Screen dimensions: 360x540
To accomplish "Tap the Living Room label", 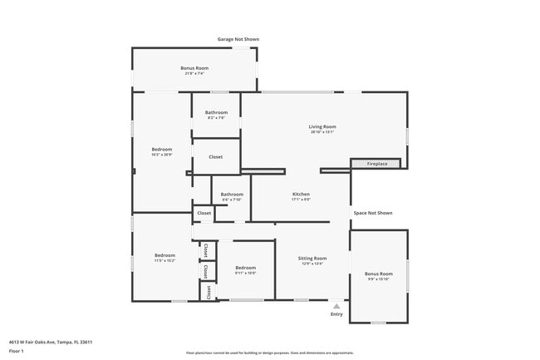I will point(323,126).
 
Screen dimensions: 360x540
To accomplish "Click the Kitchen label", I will point(301,195).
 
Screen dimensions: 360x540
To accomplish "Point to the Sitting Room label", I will point(312,259).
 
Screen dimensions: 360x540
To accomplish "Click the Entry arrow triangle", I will point(336,306).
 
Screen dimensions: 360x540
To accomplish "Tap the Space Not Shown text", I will point(372,213).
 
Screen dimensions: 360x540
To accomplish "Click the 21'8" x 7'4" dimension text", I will point(194,73).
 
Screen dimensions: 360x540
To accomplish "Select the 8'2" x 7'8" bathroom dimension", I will point(217,117).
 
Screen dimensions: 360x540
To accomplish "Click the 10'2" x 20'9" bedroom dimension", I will point(162,155).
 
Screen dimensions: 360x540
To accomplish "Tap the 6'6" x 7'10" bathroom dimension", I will point(232,200).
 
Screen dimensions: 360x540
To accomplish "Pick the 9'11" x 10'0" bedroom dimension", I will point(245,273).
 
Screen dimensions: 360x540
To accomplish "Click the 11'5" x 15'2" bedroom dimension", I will point(164,260).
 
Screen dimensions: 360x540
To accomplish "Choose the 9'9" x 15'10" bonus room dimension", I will point(379,279).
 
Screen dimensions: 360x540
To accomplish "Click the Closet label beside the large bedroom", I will point(215,157).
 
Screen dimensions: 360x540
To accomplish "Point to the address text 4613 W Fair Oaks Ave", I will point(51,342).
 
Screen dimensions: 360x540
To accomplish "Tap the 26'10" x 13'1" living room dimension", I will point(323,131).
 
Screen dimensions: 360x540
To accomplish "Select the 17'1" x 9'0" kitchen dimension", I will point(301,200).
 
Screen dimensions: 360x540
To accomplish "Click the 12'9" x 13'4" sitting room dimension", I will point(312,264).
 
